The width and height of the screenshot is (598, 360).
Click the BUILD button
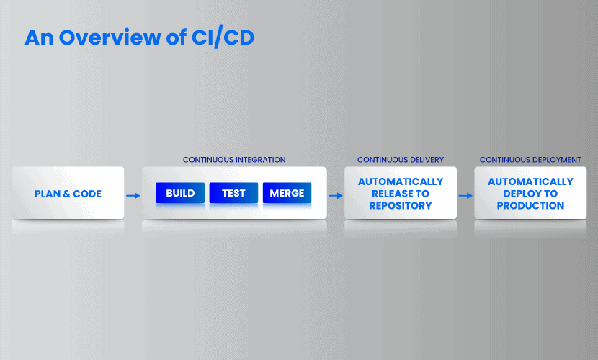[x=180, y=193]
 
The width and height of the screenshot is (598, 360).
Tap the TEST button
[x=233, y=193]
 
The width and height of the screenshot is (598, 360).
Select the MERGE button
[x=287, y=193]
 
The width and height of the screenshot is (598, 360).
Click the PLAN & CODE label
[x=68, y=194]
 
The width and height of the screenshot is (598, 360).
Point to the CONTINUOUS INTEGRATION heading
[x=234, y=160]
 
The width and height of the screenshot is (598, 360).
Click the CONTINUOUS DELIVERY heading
[x=401, y=160]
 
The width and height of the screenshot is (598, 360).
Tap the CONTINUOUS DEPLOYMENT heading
[x=530, y=160]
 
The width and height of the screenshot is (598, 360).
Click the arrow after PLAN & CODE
[x=133, y=195]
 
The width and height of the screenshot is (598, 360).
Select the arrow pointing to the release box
[x=336, y=195]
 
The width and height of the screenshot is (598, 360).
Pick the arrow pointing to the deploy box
[x=465, y=195]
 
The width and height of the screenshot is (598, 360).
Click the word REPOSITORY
[x=401, y=206]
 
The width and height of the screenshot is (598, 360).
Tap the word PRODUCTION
[x=530, y=206]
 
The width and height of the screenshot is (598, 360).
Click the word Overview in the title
[x=110, y=37]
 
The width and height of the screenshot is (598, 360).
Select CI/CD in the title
[x=223, y=37]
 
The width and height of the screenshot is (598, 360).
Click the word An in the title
[x=39, y=37]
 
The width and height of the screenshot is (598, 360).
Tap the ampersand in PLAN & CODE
[x=67, y=194]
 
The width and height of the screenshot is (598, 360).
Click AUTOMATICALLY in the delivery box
[x=401, y=181]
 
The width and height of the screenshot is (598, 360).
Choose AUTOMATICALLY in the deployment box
[x=530, y=181]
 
